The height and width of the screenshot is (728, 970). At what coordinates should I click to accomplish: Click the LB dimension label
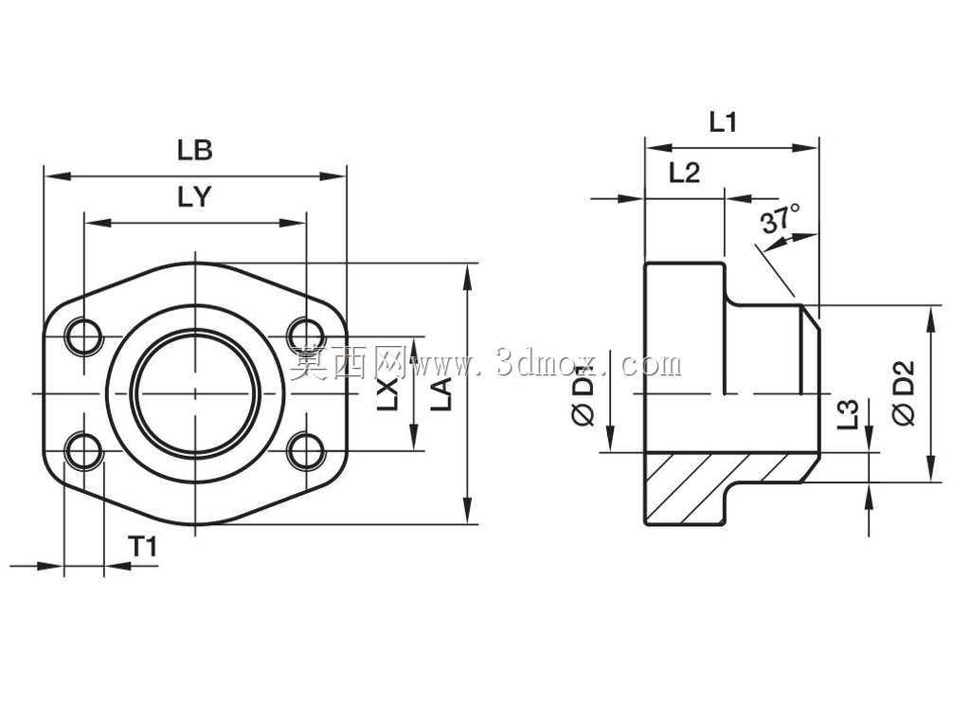[195, 151]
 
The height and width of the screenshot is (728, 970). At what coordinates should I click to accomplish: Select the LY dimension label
[195, 197]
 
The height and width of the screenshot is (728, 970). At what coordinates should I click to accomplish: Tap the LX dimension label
[387, 393]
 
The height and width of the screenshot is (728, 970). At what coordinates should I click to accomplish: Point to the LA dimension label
[441, 393]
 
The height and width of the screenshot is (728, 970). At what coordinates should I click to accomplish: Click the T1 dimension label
[143, 547]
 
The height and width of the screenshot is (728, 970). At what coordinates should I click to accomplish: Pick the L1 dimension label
[723, 122]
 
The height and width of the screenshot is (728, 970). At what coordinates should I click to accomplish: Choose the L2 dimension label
[684, 173]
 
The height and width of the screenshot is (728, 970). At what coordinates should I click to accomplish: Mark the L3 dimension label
[848, 414]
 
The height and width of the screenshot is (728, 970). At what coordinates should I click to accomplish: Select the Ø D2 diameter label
[904, 393]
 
